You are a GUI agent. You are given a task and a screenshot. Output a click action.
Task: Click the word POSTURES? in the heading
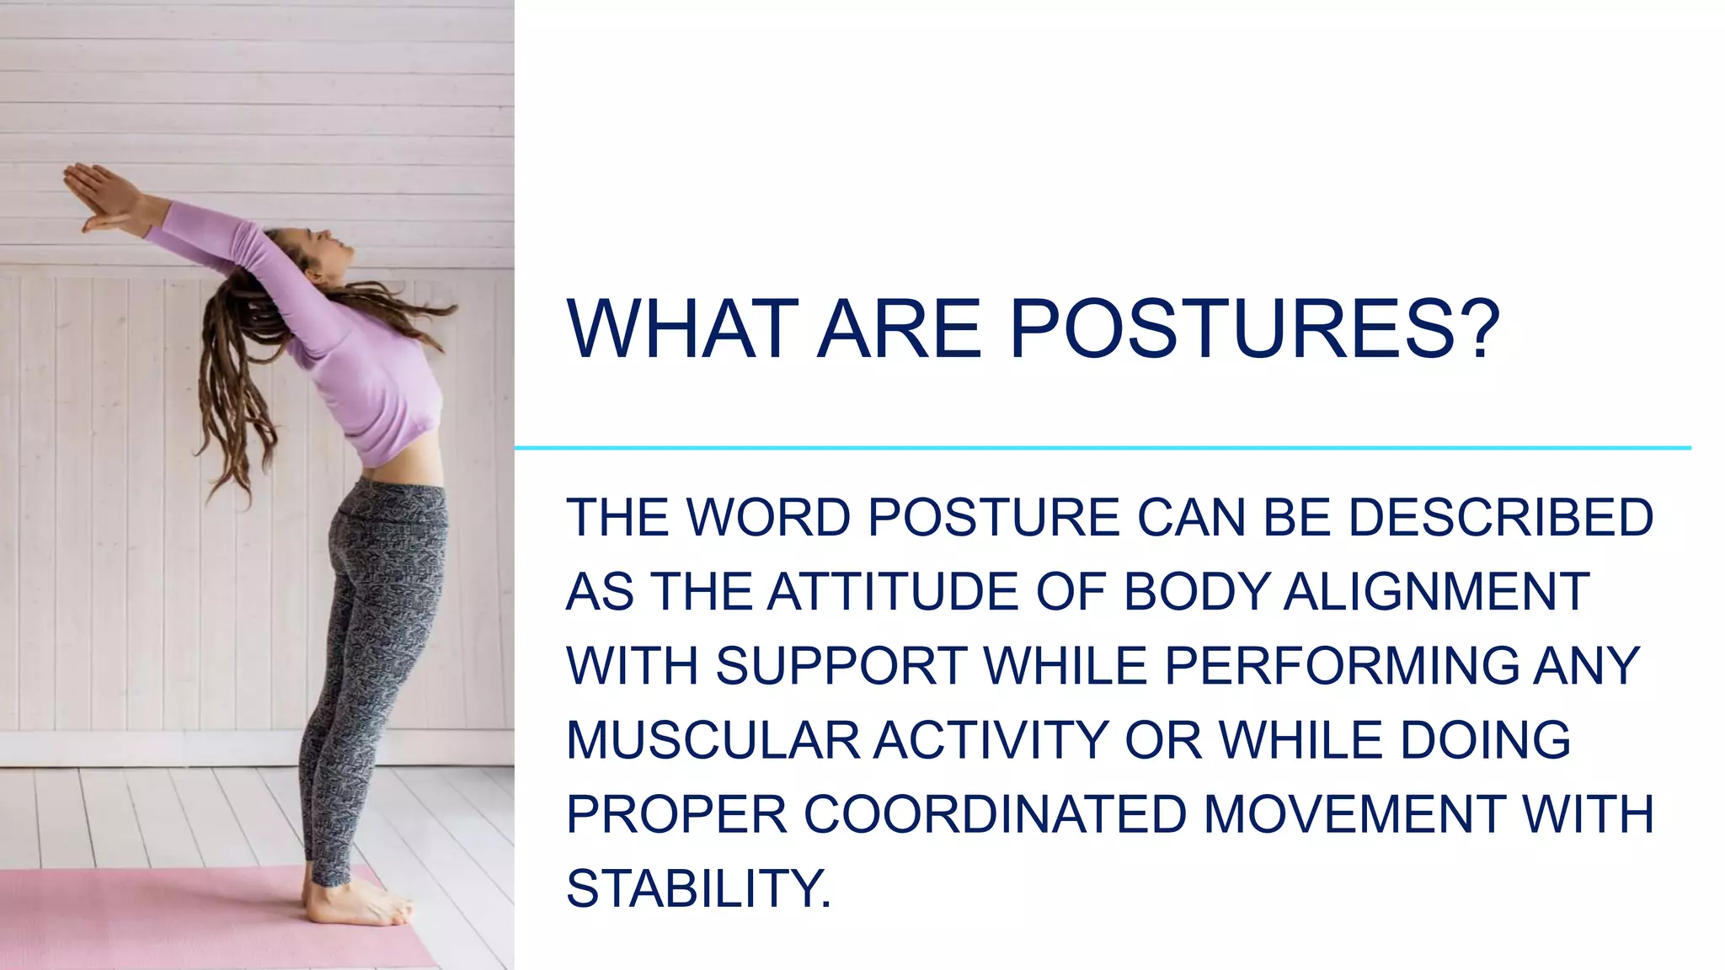[x=1255, y=328]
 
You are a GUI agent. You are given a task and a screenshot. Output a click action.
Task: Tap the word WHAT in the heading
[x=682, y=328]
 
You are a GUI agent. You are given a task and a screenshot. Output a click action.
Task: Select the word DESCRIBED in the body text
[x=1501, y=517]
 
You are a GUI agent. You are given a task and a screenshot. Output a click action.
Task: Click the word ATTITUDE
[x=894, y=591]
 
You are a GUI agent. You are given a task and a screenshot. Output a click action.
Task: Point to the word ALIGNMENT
[x=1436, y=591]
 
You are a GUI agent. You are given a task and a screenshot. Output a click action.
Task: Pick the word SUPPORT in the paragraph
[x=841, y=666]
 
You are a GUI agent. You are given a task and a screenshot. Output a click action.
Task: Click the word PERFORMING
[x=1343, y=666]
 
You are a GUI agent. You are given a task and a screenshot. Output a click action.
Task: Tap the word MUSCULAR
[x=713, y=740]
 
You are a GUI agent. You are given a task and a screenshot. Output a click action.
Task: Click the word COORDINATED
[x=995, y=814]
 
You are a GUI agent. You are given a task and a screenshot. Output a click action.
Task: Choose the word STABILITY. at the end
[x=698, y=888]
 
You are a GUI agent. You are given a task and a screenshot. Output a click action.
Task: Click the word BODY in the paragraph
[x=1196, y=591]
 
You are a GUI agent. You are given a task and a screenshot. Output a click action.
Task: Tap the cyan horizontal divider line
[x=1095, y=448]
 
